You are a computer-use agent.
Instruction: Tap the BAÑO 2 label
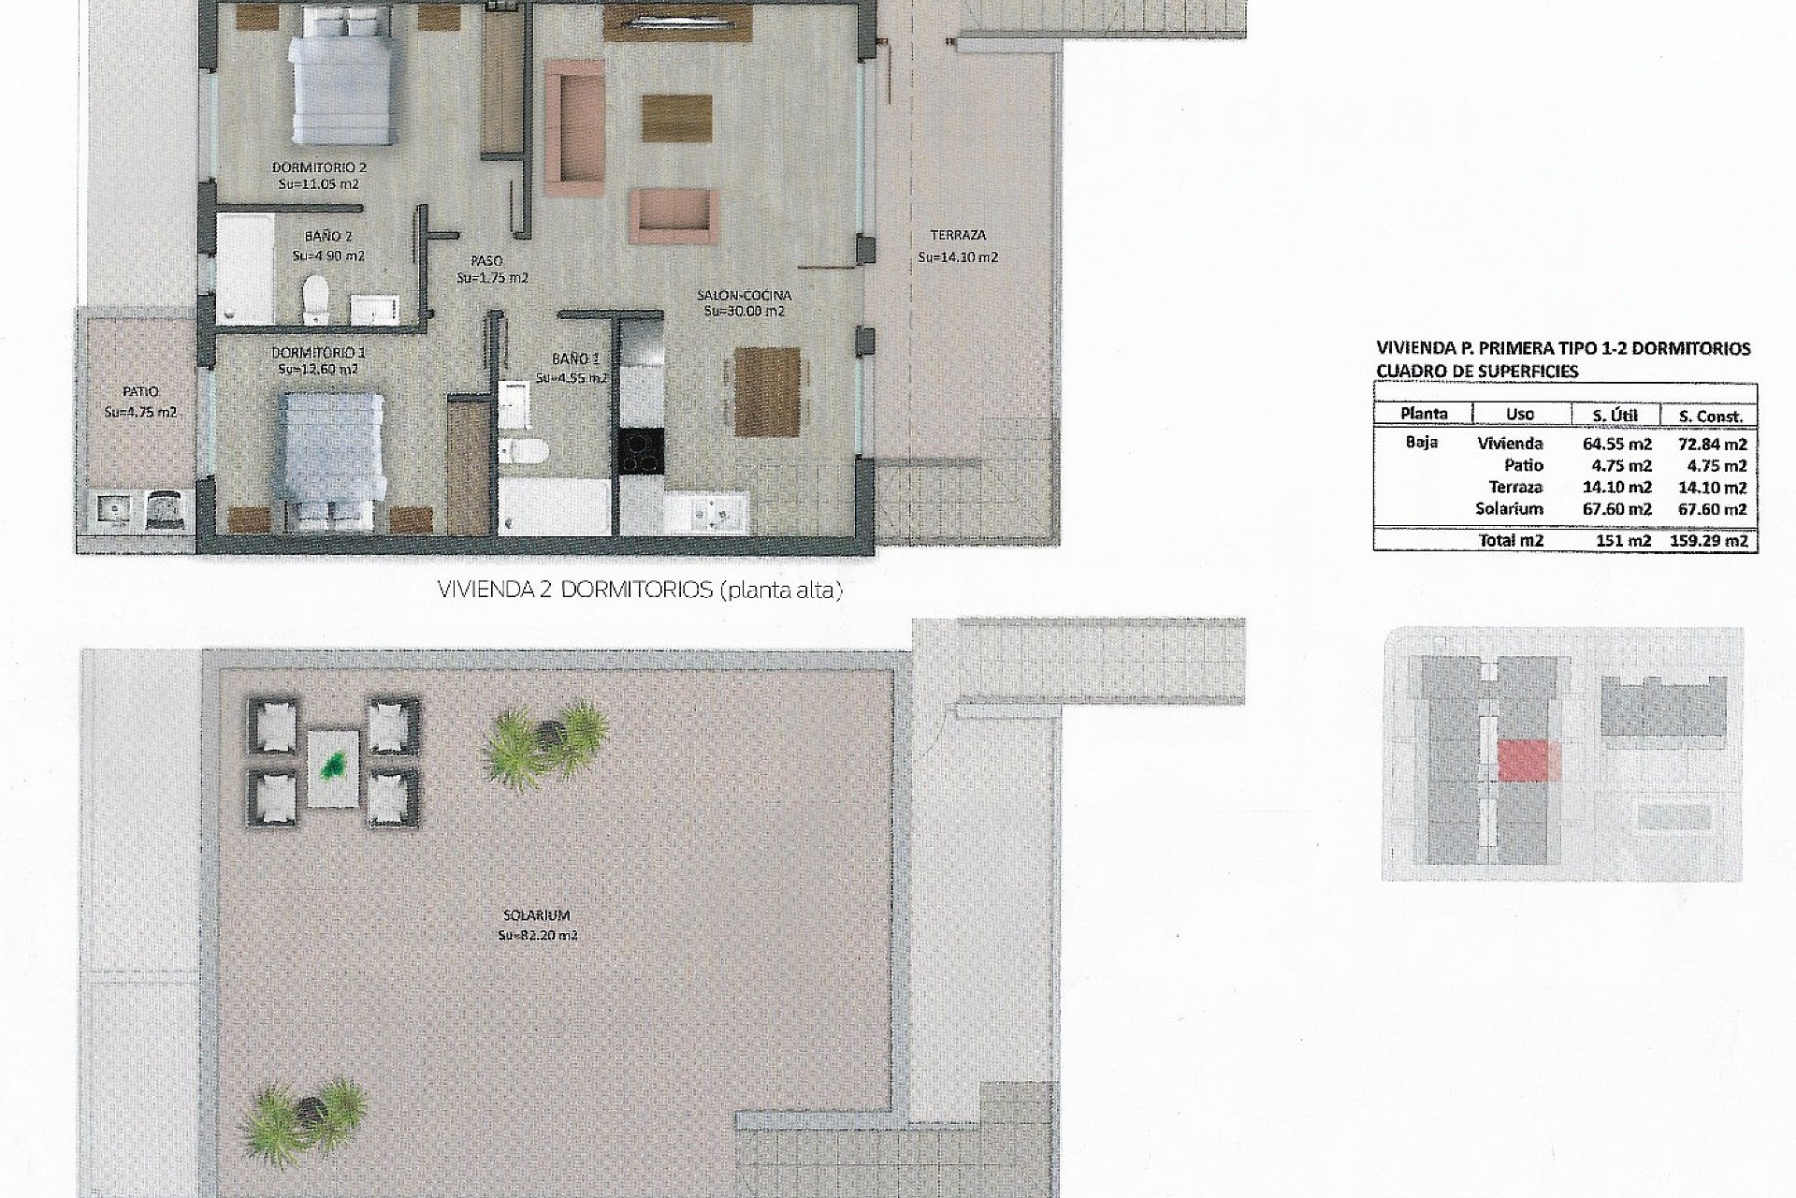click(327, 238)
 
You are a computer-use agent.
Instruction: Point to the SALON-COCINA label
click(744, 296)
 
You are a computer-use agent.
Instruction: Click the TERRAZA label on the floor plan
click(958, 236)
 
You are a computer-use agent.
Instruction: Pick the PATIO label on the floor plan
click(140, 392)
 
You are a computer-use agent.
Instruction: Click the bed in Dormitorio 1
click(327, 449)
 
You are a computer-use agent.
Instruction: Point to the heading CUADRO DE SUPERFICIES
click(1477, 371)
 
